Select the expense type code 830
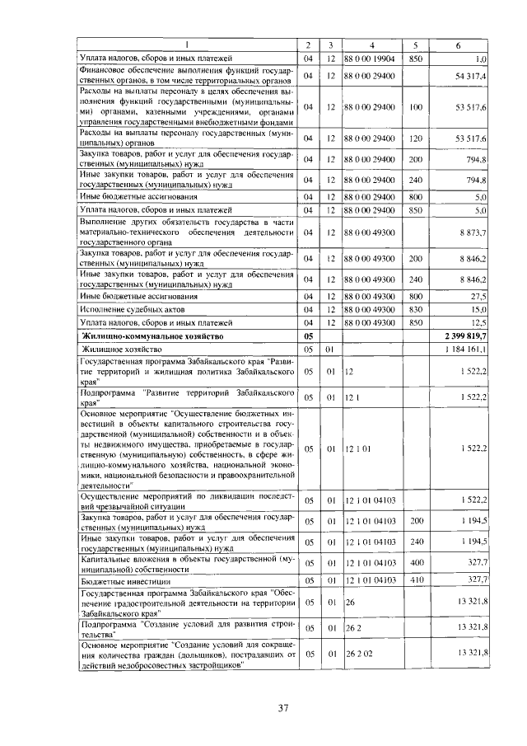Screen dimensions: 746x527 [415, 308]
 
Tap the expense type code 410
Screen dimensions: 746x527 [415, 580]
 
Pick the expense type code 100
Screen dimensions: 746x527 [415, 107]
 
